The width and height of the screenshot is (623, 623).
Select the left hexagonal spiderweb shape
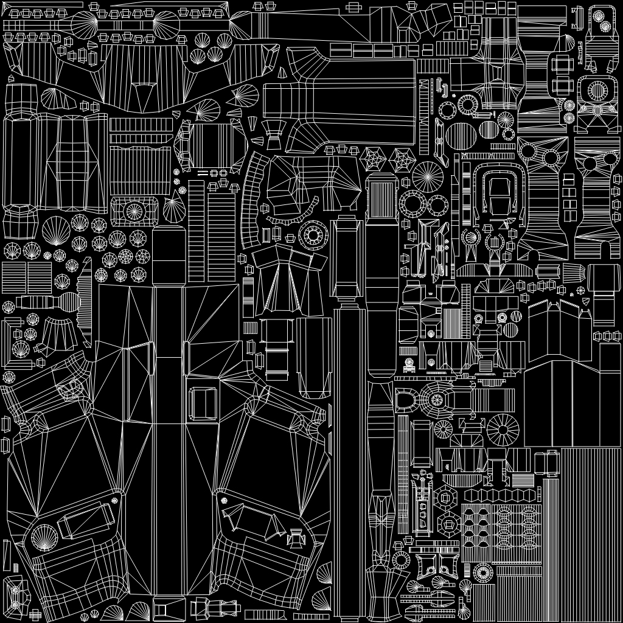372,160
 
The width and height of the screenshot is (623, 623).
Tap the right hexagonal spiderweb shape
402,160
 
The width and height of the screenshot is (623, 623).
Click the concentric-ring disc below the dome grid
483,572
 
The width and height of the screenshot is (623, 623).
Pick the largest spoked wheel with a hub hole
503,429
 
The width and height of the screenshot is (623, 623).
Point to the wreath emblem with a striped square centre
493,243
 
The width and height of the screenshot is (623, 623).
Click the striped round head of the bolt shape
68,301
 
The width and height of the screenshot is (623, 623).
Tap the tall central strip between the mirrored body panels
169,438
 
